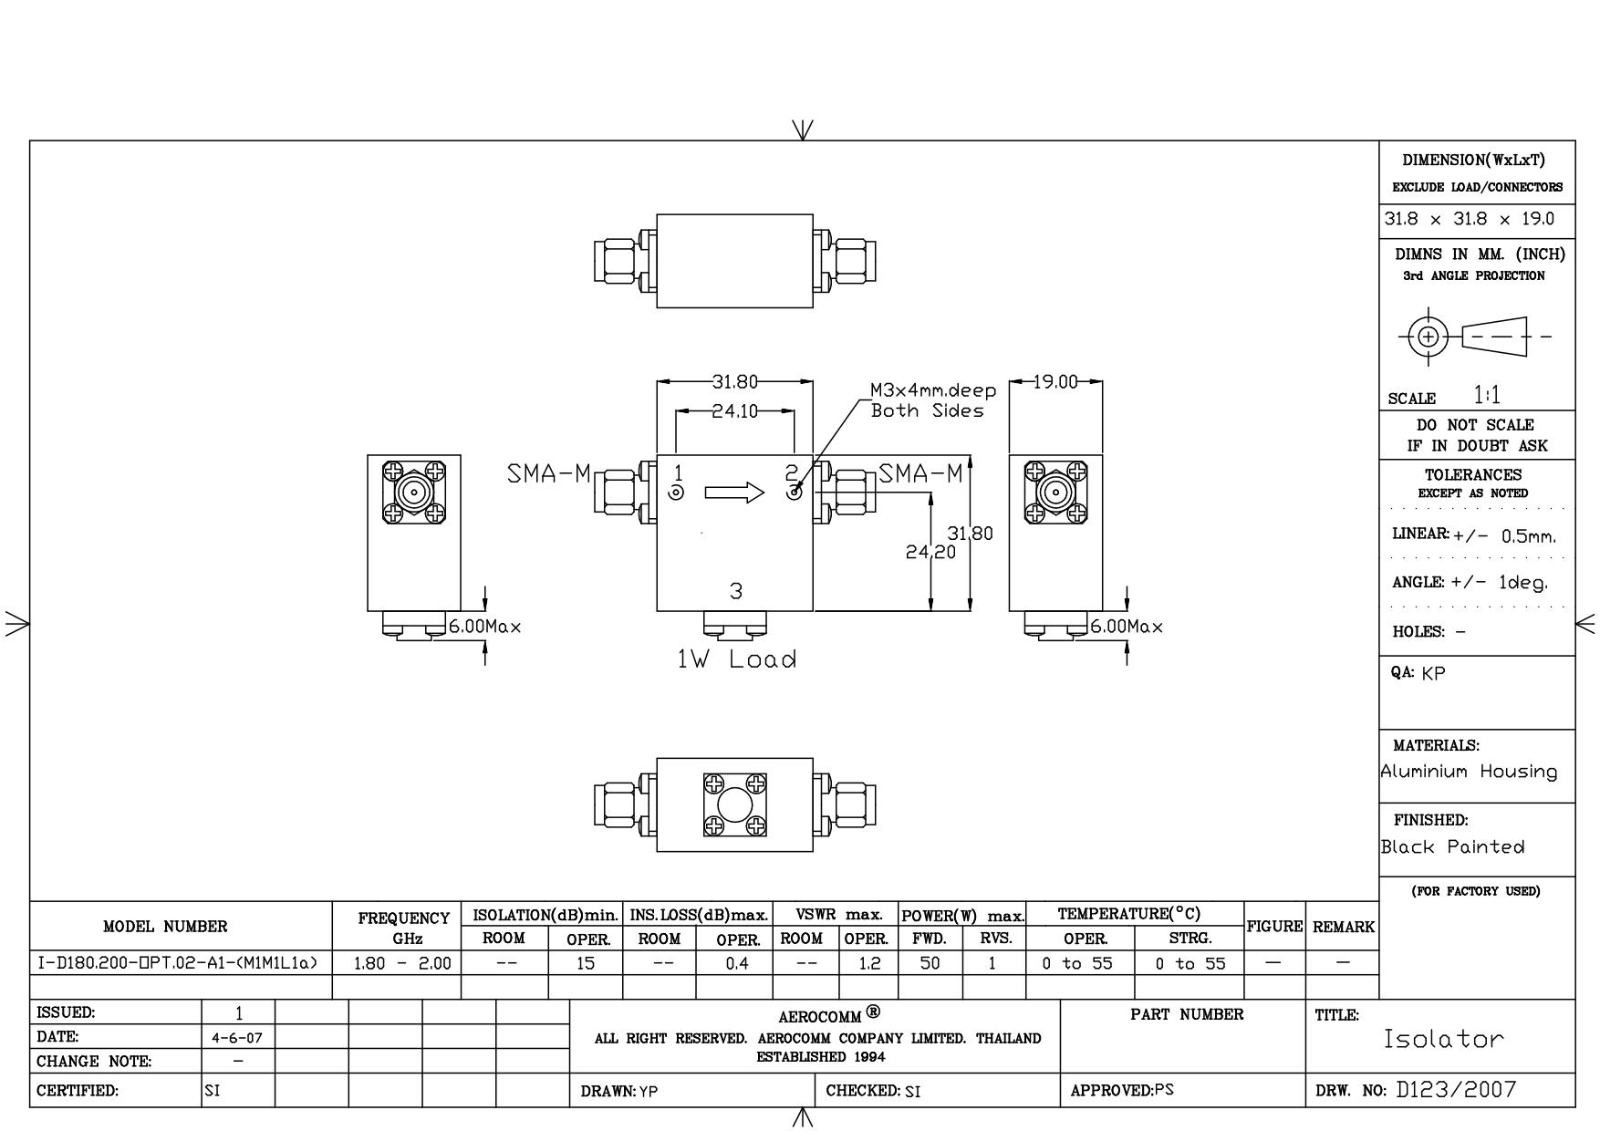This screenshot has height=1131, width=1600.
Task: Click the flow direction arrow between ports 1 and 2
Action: click(x=734, y=493)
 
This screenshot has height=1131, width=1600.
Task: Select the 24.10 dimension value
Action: click(x=734, y=411)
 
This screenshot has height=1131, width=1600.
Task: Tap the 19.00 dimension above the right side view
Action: click(x=1055, y=382)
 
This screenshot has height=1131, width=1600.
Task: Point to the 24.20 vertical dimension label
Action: click(x=930, y=552)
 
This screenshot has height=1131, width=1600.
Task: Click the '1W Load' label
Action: click(x=736, y=659)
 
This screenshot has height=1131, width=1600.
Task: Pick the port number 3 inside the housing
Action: click(x=736, y=591)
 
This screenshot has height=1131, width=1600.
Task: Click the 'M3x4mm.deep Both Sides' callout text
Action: click(x=933, y=400)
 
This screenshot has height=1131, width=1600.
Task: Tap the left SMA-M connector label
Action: click(x=549, y=474)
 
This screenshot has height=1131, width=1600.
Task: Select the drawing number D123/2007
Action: click(x=1456, y=1089)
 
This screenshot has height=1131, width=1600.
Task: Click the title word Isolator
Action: click(x=1443, y=1039)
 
